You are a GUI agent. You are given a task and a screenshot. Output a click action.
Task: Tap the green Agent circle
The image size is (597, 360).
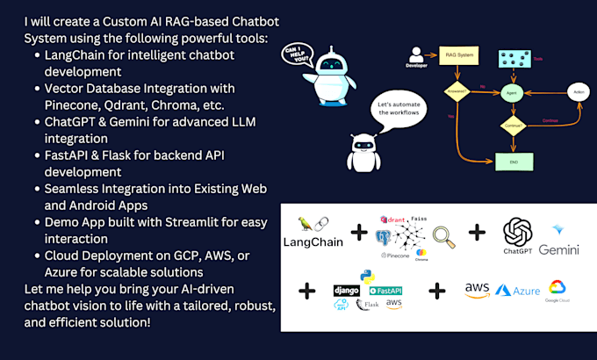click(508, 92)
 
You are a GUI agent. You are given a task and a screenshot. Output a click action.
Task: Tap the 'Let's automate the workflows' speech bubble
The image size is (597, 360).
click(401, 112)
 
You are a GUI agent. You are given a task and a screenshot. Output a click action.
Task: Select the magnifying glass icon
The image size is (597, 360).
click(445, 234)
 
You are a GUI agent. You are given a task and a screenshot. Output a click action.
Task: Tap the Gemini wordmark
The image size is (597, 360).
click(559, 249)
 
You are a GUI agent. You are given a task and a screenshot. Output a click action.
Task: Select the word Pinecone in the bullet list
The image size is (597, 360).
click(73, 104)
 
